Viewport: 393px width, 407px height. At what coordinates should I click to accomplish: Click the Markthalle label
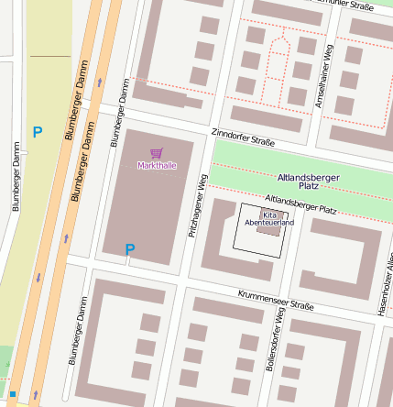(x=156, y=166)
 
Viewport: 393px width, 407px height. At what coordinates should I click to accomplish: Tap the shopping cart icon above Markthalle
(x=156, y=154)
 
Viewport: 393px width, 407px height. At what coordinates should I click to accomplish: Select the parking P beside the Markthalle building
(x=130, y=248)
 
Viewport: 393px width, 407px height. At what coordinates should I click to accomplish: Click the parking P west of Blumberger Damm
(x=37, y=133)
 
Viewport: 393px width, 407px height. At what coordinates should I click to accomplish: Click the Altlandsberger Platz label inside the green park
(x=309, y=181)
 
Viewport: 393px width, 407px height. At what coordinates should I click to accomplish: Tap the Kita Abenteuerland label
(x=269, y=218)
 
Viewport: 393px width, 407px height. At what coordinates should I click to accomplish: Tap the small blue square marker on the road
(x=13, y=394)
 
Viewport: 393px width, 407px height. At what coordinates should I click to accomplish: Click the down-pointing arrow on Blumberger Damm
(x=38, y=276)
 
